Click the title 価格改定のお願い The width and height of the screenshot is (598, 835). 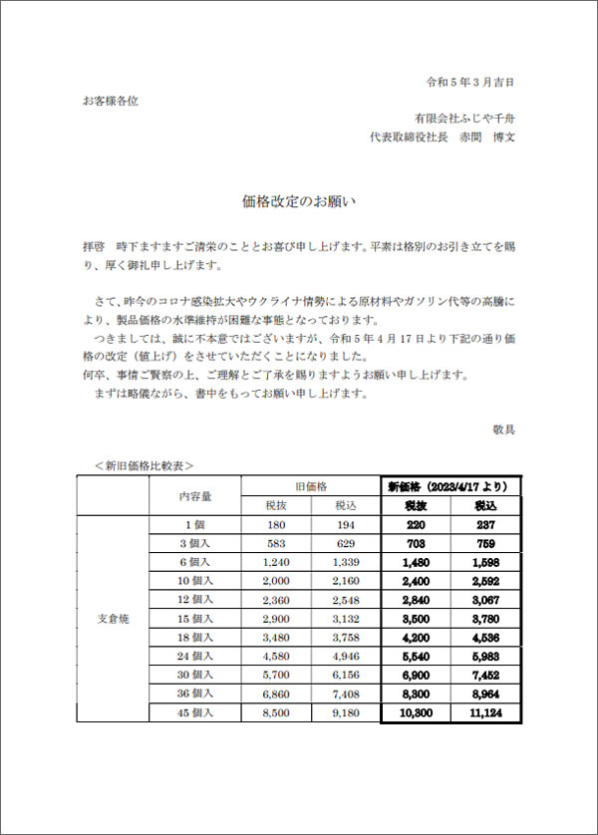click(x=299, y=200)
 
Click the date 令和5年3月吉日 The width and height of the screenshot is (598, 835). click(x=469, y=82)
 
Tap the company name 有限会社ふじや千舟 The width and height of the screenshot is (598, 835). click(x=465, y=120)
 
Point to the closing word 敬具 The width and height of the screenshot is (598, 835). click(x=503, y=429)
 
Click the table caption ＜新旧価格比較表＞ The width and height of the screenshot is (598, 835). click(x=145, y=464)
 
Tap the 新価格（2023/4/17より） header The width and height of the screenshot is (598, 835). click(x=448, y=486)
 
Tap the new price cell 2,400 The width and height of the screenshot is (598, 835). click(x=416, y=581)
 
